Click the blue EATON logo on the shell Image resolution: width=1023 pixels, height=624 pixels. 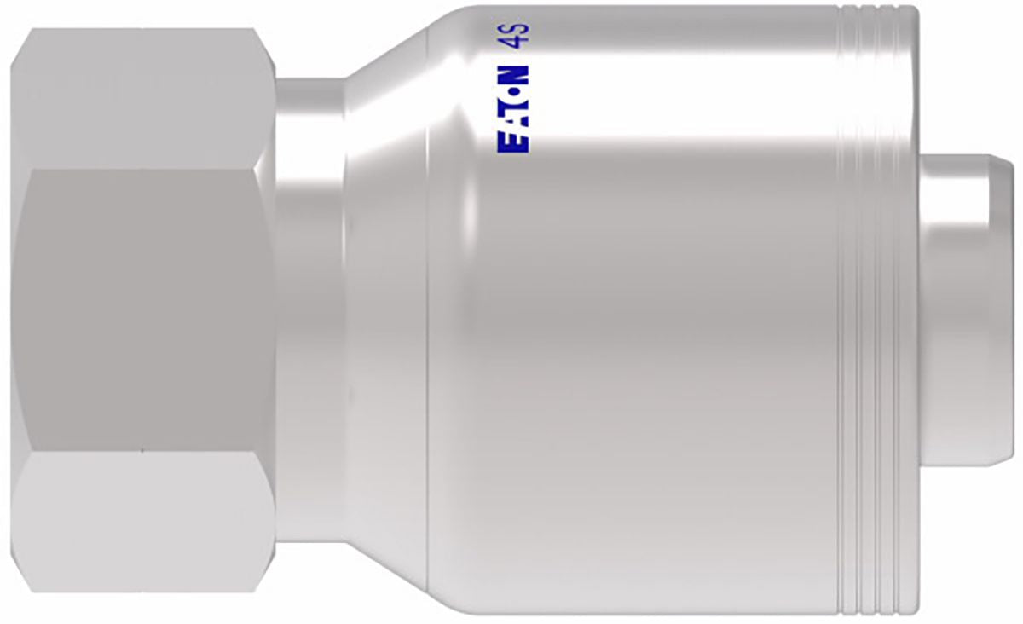(512, 109)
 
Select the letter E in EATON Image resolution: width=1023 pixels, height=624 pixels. (512, 144)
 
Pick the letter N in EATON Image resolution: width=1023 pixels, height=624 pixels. (512, 73)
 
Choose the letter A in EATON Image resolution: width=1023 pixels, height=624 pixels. (512, 126)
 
